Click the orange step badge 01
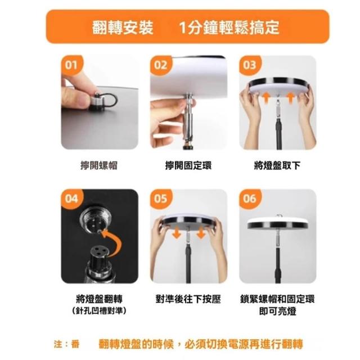coord(71,65)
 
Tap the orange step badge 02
coord(161,65)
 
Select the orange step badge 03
coord(250,65)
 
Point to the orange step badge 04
coord(71,199)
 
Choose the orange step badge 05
coord(161,199)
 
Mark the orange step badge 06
coord(250,199)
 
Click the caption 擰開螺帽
coord(99,165)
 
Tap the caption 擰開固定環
coord(188,165)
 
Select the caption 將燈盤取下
coord(277,165)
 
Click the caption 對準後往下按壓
coord(188,299)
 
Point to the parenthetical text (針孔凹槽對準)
coord(99,311)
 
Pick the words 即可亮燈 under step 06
coord(277,311)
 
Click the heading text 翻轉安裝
coord(123,28)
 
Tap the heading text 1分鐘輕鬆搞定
coord(229,28)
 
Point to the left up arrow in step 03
coord(266,98)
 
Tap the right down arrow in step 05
coord(201,232)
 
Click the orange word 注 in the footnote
coord(58,344)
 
